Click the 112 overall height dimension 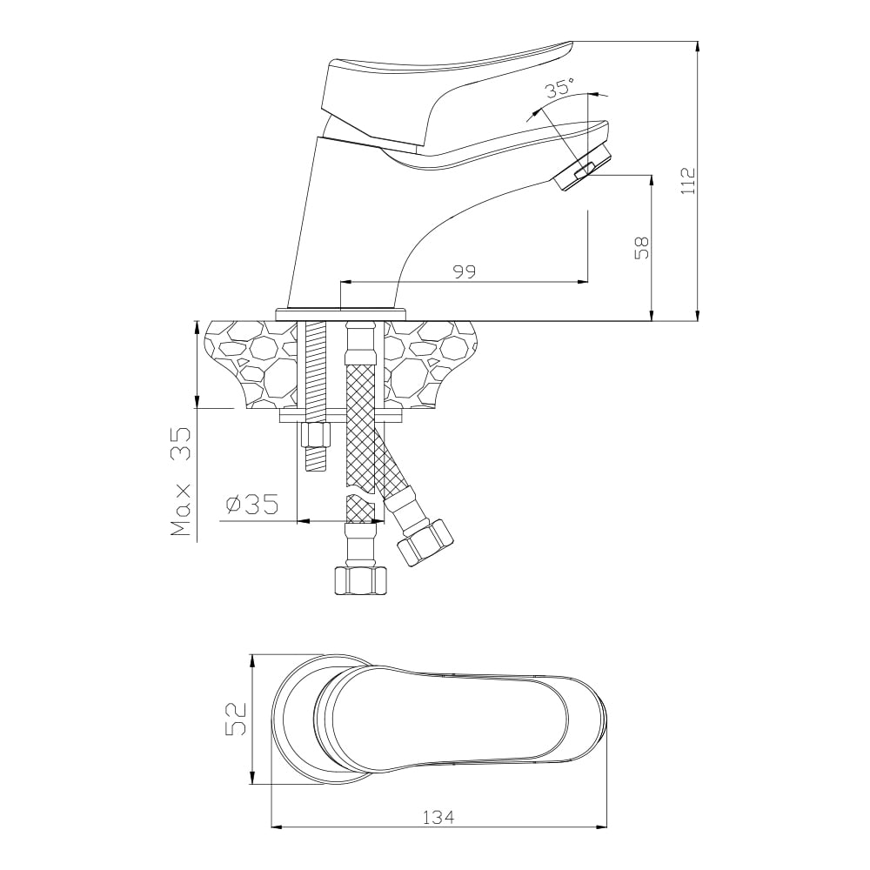point(688,181)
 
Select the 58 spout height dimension point(642,248)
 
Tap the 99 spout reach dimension point(465,271)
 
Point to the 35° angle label point(559,89)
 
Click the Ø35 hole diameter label point(252,505)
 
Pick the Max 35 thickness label point(181,481)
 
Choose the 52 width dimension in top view point(236,719)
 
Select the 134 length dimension point(438,817)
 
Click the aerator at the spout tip point(581,170)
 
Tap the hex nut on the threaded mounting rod point(316,436)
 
